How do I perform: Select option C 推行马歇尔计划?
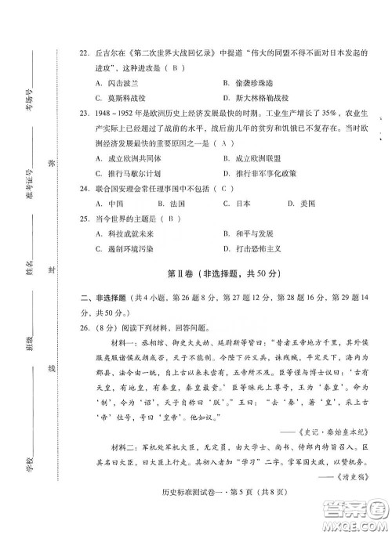pos(125,172)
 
